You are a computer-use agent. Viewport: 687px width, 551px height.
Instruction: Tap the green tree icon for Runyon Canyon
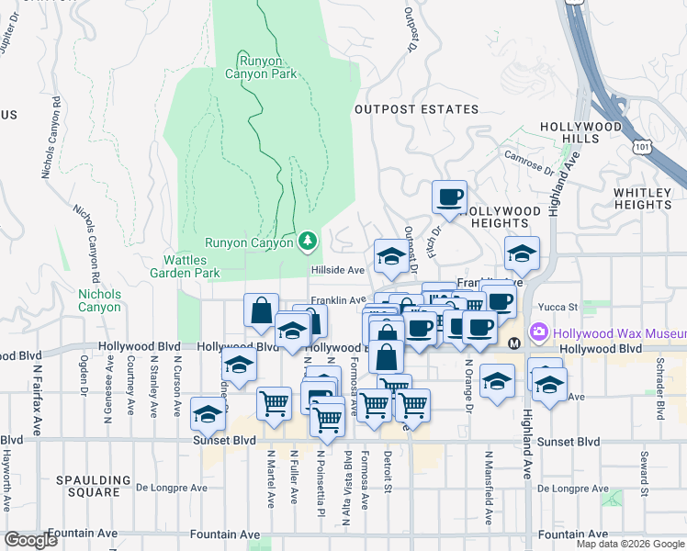[309, 242]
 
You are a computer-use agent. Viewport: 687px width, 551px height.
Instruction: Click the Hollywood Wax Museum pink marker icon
[538, 332]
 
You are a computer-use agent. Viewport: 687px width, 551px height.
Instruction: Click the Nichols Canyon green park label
[99, 300]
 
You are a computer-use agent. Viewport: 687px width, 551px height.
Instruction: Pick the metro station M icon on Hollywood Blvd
[513, 343]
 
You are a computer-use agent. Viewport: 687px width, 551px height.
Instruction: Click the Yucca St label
[558, 307]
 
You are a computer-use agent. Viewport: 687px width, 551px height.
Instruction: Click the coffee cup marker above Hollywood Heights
[449, 197]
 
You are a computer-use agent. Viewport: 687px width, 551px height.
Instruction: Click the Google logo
[30, 540]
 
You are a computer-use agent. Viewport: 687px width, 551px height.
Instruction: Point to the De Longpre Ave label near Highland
[574, 489]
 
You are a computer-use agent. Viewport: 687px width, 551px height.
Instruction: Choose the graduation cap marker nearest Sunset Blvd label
[208, 414]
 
